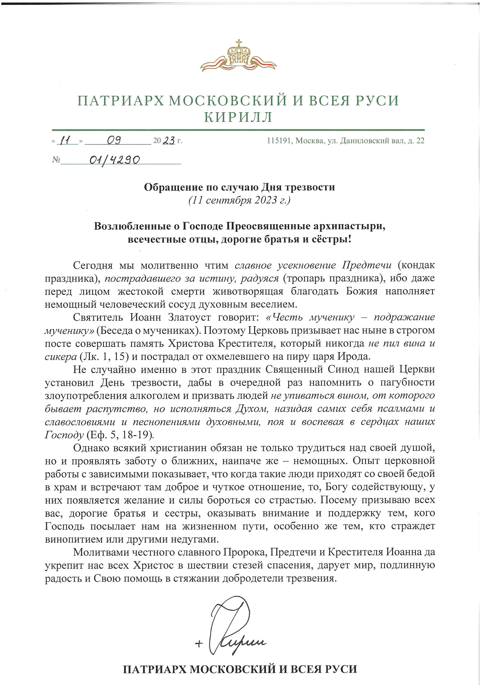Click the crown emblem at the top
point(238,57)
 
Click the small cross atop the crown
point(238,43)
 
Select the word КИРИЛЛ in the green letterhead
point(238,117)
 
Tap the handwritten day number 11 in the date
point(65,140)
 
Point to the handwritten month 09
point(113,140)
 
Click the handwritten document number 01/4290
point(114,160)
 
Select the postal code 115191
point(280,140)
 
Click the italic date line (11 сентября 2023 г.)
point(239,200)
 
